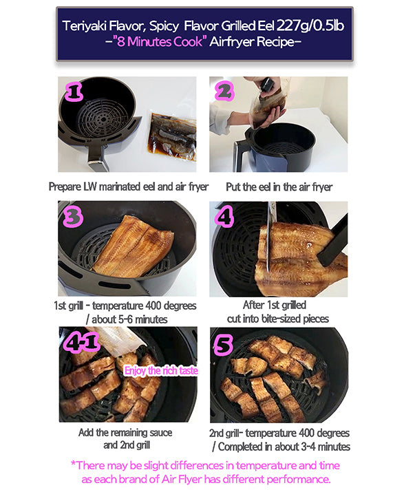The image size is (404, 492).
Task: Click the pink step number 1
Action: point(74,92)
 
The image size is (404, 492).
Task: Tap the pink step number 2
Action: point(224,91)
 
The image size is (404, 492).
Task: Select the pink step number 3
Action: point(73,217)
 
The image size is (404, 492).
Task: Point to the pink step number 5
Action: point(224,345)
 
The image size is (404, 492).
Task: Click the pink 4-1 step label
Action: point(81,342)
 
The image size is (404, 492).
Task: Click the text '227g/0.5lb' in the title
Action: point(310,25)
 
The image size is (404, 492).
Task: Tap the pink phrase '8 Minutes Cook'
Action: point(160,41)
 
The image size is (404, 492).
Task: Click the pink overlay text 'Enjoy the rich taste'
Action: point(161,371)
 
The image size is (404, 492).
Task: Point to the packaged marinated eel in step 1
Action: point(172,137)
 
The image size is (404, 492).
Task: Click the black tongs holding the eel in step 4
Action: point(333,242)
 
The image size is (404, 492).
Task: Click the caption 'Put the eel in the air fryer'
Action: point(279,187)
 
